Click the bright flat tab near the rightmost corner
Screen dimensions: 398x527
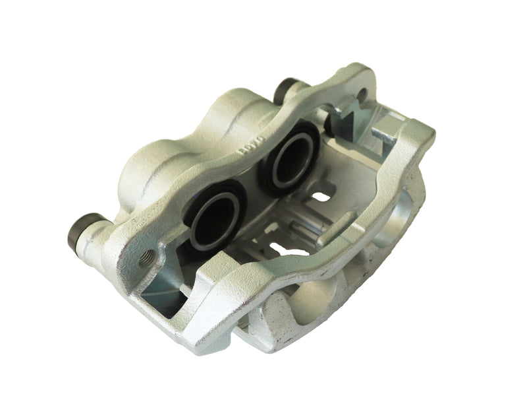(385, 135)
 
